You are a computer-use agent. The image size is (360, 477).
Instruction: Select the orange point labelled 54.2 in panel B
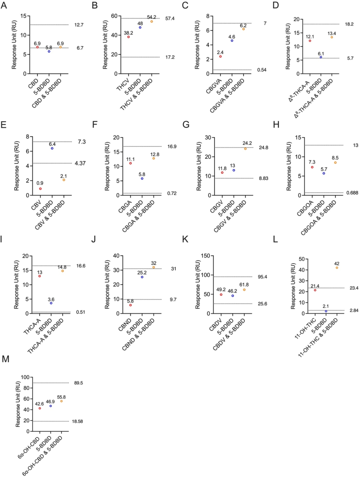151,21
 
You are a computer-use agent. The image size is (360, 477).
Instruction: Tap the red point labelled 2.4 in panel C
220,56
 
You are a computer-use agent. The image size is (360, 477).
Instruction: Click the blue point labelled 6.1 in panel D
320,57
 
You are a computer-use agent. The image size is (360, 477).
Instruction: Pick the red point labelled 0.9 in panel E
41,188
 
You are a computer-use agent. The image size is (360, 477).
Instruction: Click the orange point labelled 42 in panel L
337,268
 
